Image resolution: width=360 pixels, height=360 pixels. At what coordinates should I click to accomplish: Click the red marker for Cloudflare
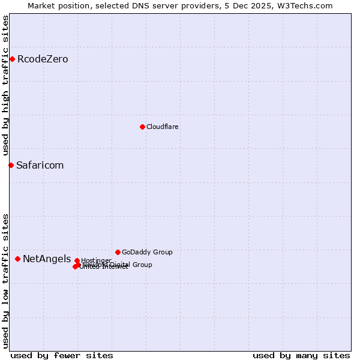(142, 127)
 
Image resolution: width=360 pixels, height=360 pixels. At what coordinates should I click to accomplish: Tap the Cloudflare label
(162, 127)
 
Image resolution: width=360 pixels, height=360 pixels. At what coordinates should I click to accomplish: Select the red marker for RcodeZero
(12, 59)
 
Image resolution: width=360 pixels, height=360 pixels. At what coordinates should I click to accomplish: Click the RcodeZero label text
(43, 59)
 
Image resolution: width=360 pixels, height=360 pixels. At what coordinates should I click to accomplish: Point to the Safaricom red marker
(11, 165)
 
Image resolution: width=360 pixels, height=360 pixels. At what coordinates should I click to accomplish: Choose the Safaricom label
(40, 165)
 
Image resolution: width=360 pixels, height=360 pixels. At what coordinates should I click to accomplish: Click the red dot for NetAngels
(17, 259)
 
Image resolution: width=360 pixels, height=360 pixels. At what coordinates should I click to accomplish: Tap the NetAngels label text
(47, 259)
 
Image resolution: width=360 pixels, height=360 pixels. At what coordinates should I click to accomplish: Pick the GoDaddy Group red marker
(118, 252)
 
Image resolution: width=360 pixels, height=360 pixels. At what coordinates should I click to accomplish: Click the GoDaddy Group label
(147, 252)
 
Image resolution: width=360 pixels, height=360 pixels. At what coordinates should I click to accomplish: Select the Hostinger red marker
(77, 260)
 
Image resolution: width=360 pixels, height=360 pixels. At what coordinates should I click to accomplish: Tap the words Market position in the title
(57, 5)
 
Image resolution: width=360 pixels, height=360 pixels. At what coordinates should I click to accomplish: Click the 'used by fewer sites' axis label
(62, 355)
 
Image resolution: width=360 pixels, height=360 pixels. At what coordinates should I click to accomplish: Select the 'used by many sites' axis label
(301, 355)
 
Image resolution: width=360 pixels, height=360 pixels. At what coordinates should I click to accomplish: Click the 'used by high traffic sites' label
(5, 85)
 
